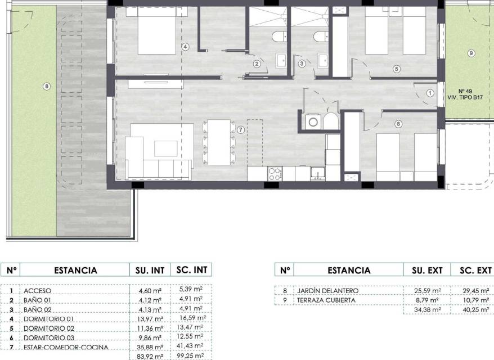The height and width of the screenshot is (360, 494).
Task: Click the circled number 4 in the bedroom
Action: (185, 47)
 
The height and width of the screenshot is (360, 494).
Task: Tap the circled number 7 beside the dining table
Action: (241, 129)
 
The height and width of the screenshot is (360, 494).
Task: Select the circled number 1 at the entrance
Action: (430, 93)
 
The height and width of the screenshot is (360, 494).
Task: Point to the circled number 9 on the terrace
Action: (471, 53)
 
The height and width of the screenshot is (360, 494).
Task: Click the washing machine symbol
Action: (313, 122)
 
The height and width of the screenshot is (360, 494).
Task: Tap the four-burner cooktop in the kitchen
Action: (275, 174)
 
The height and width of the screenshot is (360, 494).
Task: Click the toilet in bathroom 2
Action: (280, 36)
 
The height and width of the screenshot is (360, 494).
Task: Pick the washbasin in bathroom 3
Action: (322, 61)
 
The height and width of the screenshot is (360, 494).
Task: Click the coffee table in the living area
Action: (166, 148)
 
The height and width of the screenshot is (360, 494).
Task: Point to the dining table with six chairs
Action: (219, 142)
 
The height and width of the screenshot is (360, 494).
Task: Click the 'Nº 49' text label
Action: (465, 91)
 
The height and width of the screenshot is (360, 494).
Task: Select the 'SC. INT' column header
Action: (191, 270)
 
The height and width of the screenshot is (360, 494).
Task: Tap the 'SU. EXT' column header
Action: (427, 270)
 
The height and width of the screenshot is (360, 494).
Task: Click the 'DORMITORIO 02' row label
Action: (49, 328)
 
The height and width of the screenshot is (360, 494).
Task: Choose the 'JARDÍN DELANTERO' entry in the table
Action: (327, 290)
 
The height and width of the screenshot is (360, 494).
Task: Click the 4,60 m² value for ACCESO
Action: (150, 291)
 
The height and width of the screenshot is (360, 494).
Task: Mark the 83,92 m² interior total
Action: (150, 357)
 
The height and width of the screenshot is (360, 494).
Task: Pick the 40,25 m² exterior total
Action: (476, 309)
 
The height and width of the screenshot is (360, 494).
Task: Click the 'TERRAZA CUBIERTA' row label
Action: (326, 300)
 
